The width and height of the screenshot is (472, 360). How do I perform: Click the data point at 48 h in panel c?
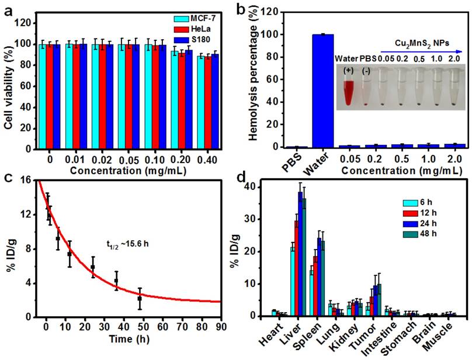pos(140,299)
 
